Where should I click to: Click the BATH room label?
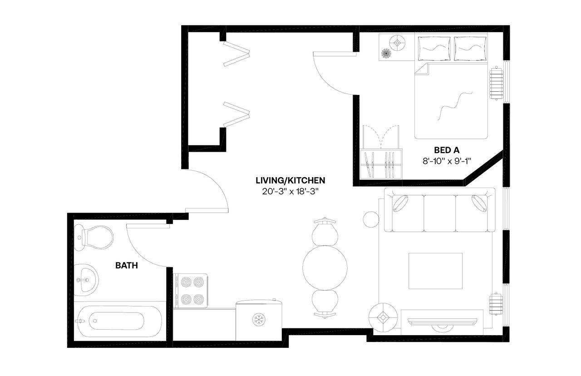point(127,266)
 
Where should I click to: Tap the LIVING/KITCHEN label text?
point(290,180)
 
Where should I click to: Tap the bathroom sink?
point(85,280)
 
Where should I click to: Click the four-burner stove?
point(191,291)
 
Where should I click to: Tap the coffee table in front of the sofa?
point(436,271)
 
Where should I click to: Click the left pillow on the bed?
point(434,48)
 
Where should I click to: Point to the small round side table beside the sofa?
point(371,219)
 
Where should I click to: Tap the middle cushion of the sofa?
point(439,211)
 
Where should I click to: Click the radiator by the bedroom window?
point(497,83)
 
